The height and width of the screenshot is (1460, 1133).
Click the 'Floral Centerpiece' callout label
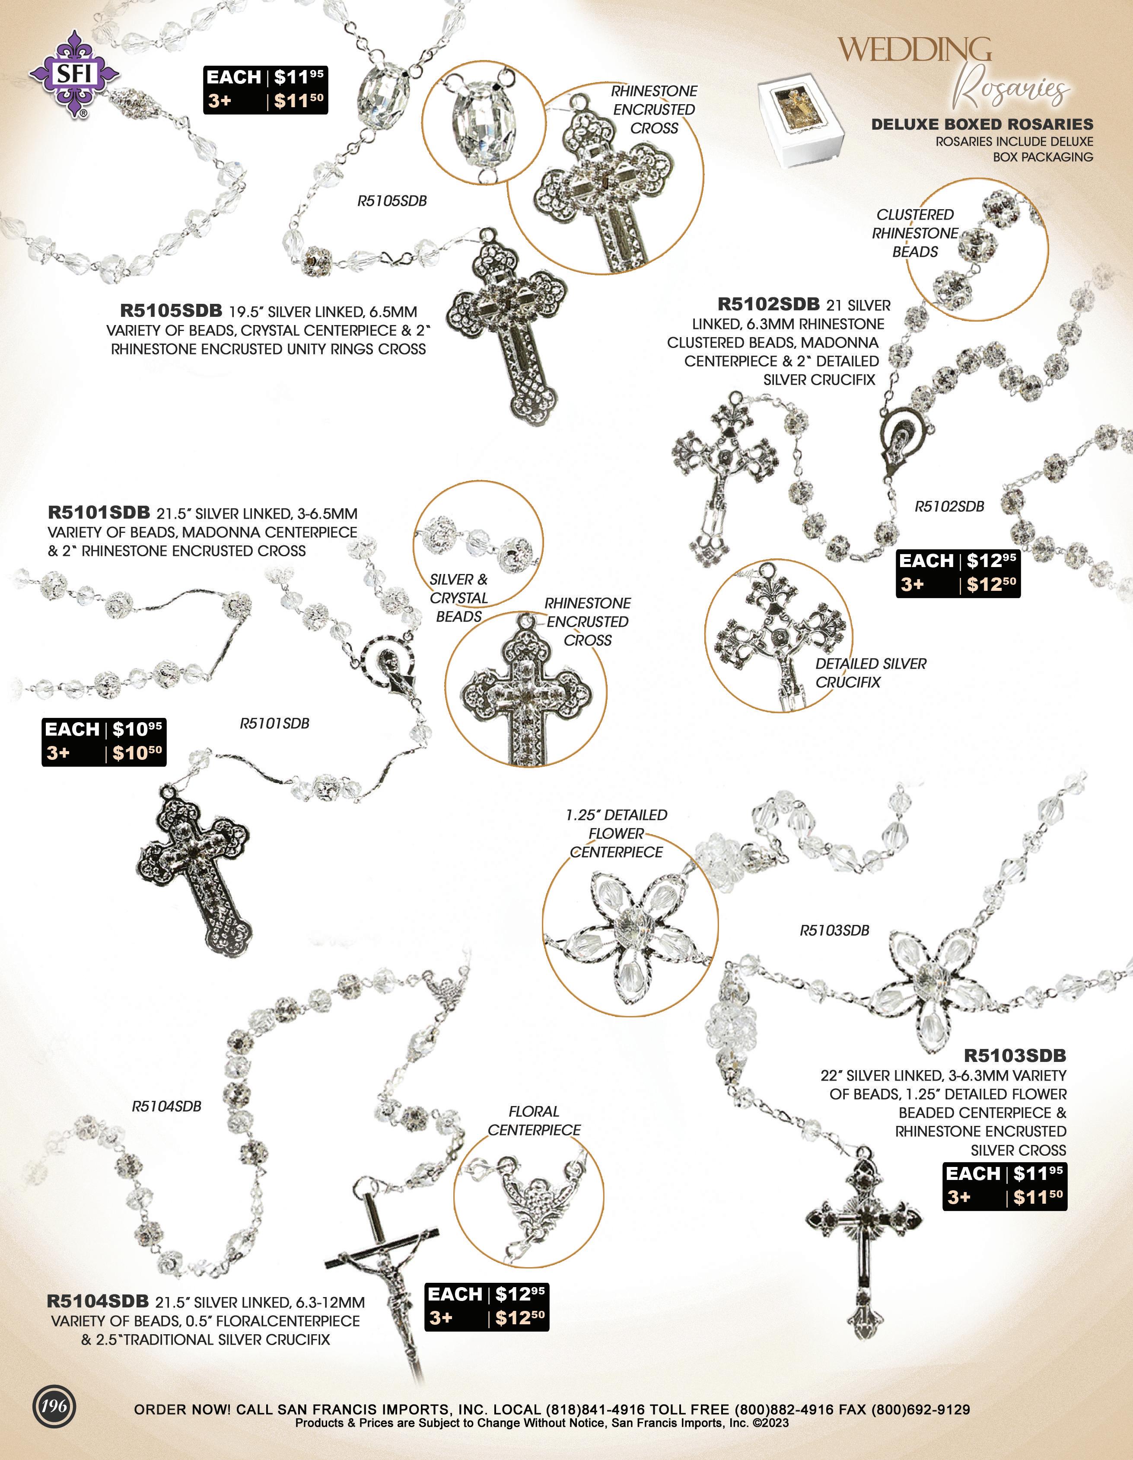[x=533, y=1120]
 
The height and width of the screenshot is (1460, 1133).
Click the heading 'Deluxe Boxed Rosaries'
[x=982, y=124]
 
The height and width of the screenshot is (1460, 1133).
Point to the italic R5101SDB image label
[x=275, y=724]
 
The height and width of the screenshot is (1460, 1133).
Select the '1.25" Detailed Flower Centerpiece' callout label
[x=616, y=834]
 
